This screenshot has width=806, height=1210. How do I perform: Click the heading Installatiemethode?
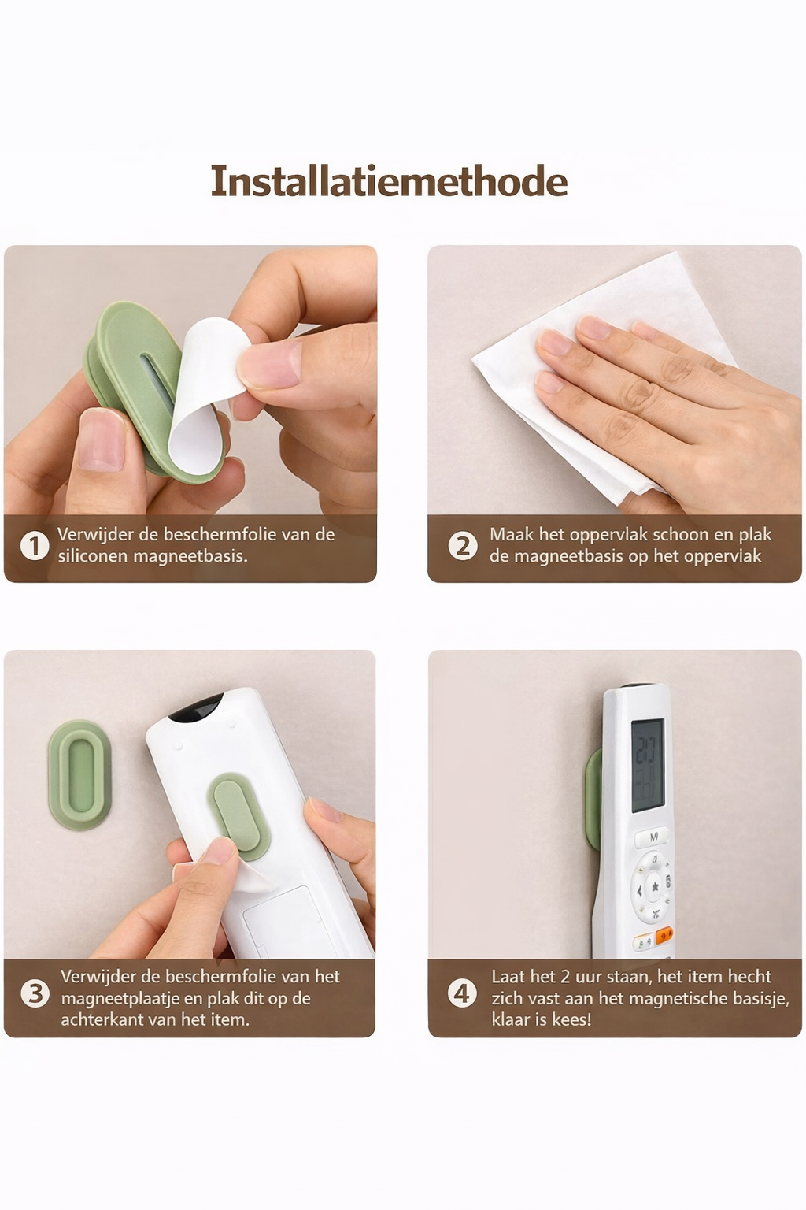(x=389, y=181)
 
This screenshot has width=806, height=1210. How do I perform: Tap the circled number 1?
(x=35, y=546)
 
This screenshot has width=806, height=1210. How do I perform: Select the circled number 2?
(x=463, y=546)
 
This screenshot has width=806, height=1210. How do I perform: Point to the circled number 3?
(x=35, y=993)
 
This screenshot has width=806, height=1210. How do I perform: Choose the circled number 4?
(x=462, y=993)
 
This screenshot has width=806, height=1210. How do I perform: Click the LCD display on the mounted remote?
(x=647, y=765)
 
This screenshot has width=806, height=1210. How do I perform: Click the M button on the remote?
(x=654, y=837)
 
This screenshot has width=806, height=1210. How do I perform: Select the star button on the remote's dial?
(x=655, y=887)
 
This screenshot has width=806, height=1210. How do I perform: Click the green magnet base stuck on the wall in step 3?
(x=79, y=774)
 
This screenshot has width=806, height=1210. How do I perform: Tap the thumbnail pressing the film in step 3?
(x=219, y=850)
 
